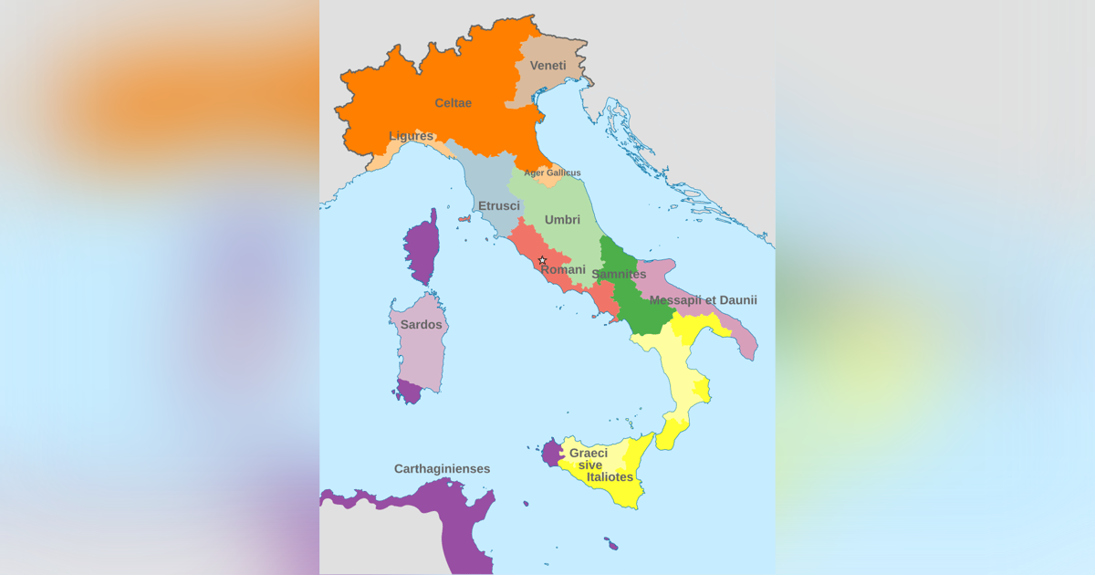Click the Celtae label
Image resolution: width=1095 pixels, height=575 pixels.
453,103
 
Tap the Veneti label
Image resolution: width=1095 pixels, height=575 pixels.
547,66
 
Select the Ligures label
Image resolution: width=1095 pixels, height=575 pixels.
411,136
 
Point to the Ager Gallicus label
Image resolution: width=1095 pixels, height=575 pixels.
552,172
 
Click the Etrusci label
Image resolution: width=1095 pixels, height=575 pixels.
499,206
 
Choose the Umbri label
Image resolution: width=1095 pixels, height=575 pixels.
562,220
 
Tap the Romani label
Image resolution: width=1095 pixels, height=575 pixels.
563,269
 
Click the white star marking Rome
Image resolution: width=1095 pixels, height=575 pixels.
542,260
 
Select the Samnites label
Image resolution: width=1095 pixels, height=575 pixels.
619,274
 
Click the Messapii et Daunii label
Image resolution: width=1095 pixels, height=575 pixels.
703,300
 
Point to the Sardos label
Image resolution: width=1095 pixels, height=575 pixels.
421,325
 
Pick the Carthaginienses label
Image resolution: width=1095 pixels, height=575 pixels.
442,469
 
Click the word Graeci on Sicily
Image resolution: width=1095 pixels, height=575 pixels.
589,453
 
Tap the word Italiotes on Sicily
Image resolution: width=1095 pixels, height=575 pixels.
610,476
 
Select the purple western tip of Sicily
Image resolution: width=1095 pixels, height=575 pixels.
550,452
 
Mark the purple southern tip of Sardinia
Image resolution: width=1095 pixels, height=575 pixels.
409,392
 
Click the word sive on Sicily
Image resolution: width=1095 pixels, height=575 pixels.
590,465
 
